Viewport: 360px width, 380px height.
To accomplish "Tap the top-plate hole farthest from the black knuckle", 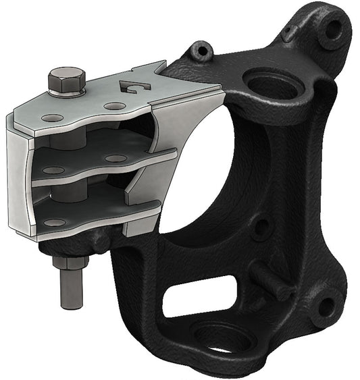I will pos(48,117).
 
